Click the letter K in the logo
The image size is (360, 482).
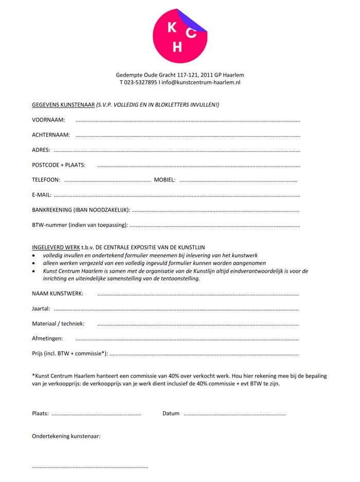point(172,28)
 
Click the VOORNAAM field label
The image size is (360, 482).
point(48,120)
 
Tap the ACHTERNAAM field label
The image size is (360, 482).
point(51,135)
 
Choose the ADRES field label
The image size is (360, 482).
point(41,150)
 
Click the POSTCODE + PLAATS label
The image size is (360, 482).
point(59,165)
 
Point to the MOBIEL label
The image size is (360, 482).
point(165,180)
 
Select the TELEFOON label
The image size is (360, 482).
point(46,180)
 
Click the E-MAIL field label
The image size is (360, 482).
point(42,195)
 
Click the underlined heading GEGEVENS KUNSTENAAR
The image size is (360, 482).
point(63,105)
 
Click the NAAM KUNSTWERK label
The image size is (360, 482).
point(58,294)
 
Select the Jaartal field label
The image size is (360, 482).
point(41,309)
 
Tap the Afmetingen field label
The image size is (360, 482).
point(47,338)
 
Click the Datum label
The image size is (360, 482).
point(171,414)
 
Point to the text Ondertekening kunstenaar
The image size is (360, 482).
point(66,436)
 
